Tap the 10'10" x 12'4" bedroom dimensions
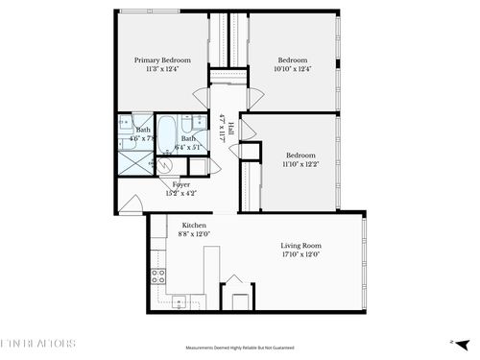pos(292,69)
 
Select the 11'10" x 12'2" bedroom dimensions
pos(299,164)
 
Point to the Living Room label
pos(300,245)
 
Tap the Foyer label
pos(180,183)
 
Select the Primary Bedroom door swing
pos(201,97)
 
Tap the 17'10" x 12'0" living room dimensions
pos(300,254)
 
